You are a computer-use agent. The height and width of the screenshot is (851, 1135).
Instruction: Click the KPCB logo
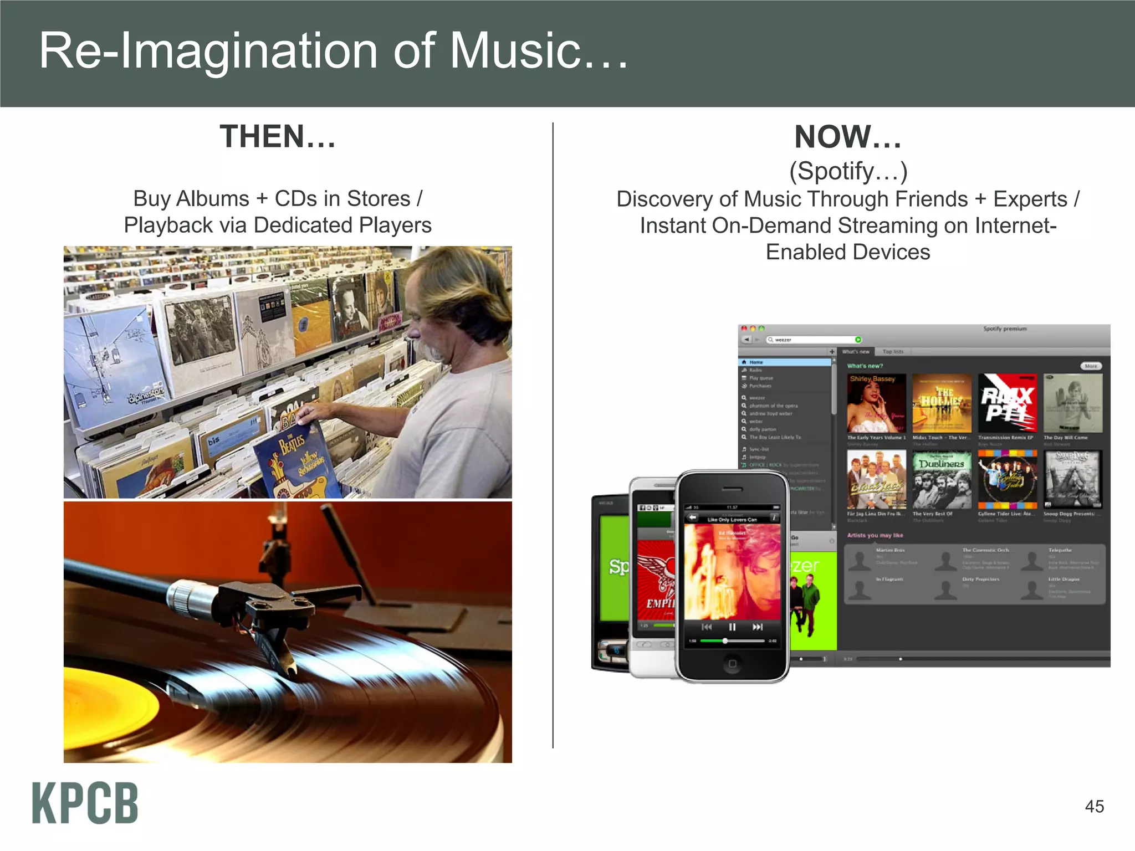tap(85, 803)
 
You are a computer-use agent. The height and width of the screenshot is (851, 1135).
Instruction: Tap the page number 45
tap(1094, 806)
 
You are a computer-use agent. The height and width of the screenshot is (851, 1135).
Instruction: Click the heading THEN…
tap(278, 136)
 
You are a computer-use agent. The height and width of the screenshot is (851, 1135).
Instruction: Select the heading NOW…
tap(848, 136)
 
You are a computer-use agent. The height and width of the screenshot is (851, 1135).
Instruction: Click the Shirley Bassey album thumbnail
tap(876, 403)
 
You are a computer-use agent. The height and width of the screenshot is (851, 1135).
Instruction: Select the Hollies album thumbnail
tap(942, 403)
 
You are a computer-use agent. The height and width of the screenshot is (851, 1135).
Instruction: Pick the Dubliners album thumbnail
tap(942, 479)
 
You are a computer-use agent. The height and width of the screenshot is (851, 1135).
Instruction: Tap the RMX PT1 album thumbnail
tap(1007, 403)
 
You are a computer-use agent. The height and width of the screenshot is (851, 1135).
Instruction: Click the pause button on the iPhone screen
tap(732, 627)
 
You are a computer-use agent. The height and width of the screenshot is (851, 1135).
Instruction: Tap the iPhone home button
tap(732, 664)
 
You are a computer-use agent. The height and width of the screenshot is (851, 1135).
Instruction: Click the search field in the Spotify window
tap(812, 340)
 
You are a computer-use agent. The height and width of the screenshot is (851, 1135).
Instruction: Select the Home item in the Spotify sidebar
tap(756, 362)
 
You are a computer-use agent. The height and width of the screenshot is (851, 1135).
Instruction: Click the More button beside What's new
tap(1091, 366)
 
